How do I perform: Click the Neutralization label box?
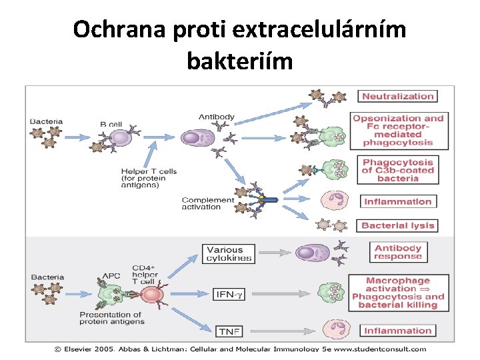tap(398, 96)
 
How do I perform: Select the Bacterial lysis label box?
tap(398, 225)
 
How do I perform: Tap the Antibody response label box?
tap(398, 251)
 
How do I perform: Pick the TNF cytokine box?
tap(226, 331)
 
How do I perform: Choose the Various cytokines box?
tap(229, 254)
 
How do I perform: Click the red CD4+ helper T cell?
tap(151, 295)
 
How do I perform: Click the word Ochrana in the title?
tap(114, 29)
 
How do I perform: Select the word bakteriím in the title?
tap(239, 61)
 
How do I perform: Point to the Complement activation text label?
tap(207, 203)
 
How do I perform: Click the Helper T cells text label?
tap(149, 178)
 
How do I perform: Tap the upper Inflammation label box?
tap(398, 201)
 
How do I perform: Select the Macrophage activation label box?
tap(398, 293)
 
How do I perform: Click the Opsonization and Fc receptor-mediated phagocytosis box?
tap(398, 129)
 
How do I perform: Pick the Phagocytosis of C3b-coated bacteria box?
tap(398, 170)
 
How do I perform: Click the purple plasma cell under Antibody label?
tap(193, 138)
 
